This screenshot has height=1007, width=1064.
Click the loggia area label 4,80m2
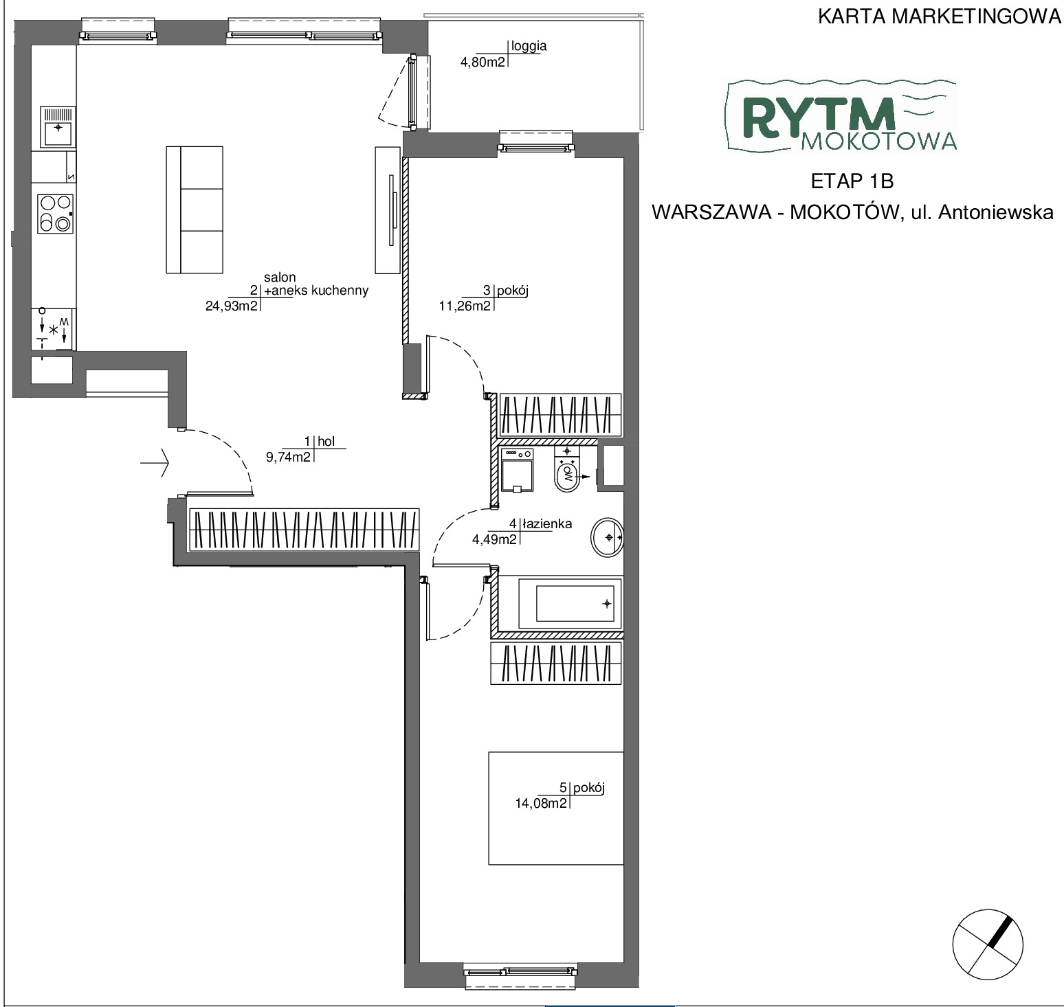tap(483, 62)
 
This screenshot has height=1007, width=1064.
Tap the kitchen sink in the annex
tap(58, 127)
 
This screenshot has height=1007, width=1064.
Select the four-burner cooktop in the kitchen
tap(56, 214)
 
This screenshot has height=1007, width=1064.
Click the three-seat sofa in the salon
tap(195, 209)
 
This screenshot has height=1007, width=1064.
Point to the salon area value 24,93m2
tap(231, 306)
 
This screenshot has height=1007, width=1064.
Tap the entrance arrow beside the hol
tap(155, 463)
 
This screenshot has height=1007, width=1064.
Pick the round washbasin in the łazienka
tap(607, 536)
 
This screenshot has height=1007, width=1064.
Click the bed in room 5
tap(556, 808)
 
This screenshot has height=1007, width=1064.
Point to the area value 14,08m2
tap(541, 802)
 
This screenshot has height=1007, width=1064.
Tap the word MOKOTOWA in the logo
tap(879, 140)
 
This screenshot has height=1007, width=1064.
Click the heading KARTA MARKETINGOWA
tap(940, 16)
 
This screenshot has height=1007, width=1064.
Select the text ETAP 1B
tap(852, 181)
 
